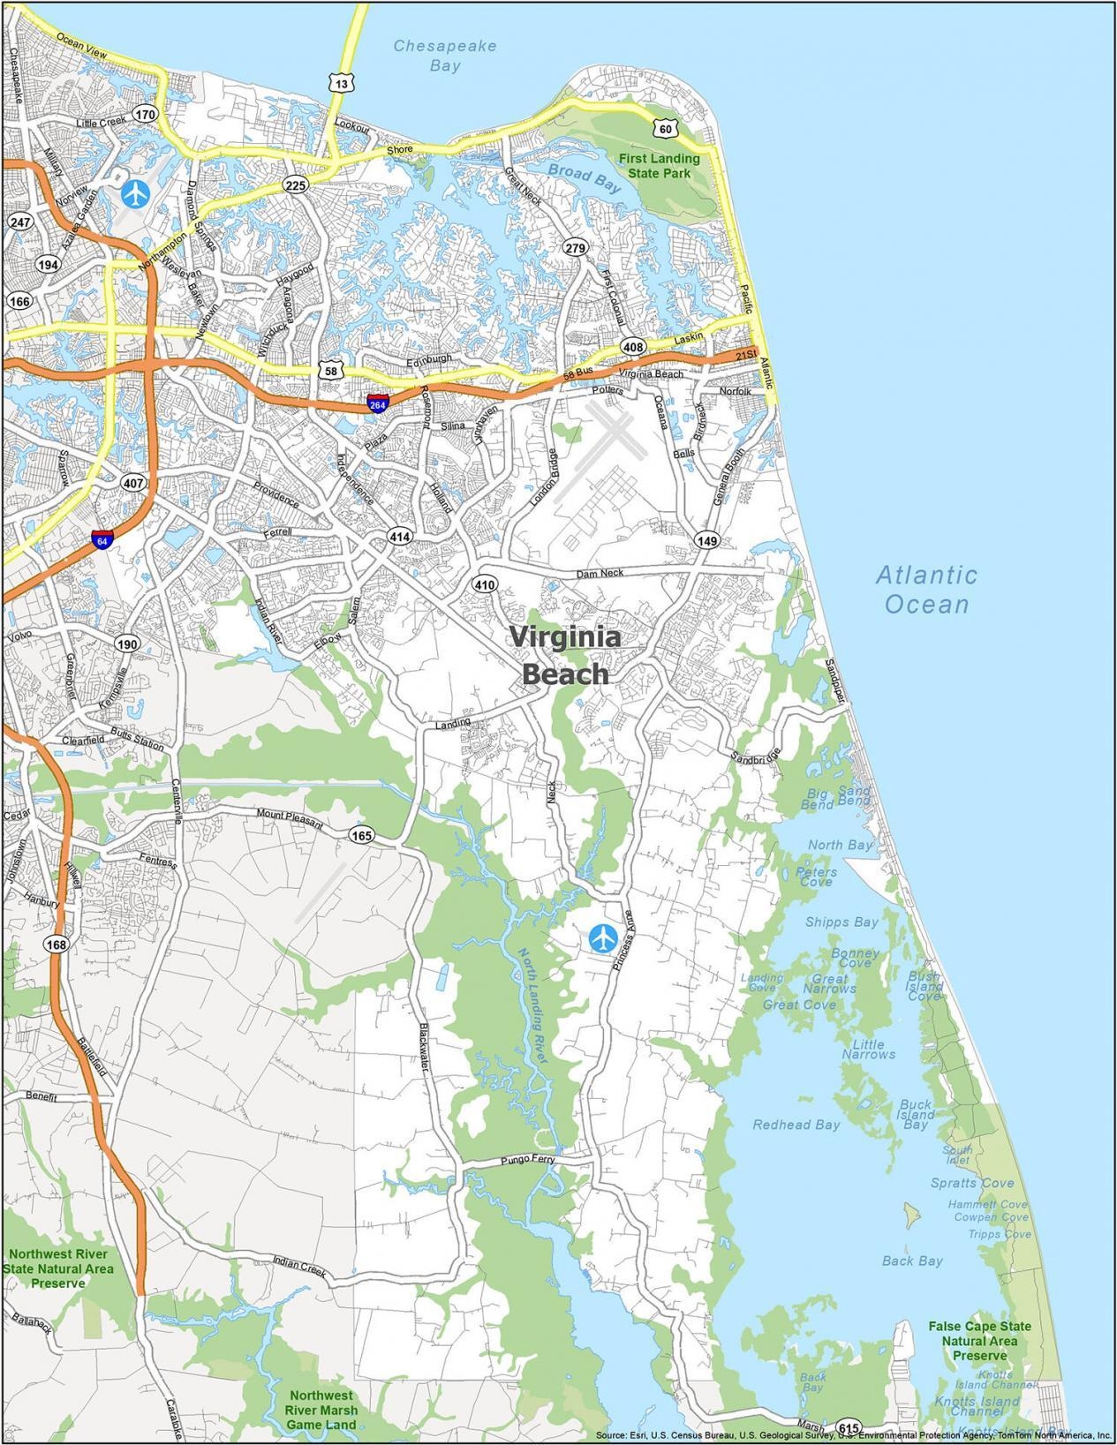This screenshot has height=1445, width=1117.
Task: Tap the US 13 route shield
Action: (x=342, y=83)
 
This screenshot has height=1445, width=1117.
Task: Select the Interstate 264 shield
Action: (x=378, y=404)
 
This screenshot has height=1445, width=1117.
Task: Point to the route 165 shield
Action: (x=361, y=835)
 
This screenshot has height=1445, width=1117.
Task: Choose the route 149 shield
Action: (x=707, y=540)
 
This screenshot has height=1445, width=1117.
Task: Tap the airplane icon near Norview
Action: (x=136, y=192)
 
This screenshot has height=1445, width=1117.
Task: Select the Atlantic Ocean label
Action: (x=926, y=590)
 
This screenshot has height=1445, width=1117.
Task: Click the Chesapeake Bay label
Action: (x=445, y=55)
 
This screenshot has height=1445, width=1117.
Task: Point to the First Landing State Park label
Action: (x=659, y=166)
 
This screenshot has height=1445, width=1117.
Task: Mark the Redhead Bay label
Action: (x=796, y=1125)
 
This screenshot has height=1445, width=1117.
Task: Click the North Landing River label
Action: (x=533, y=1005)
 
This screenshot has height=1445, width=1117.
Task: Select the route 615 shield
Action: (x=849, y=1427)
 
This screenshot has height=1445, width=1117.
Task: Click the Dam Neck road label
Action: (x=600, y=574)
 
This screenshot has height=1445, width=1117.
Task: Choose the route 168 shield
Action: (x=57, y=945)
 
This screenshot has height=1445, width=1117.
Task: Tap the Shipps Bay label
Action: (x=841, y=922)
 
